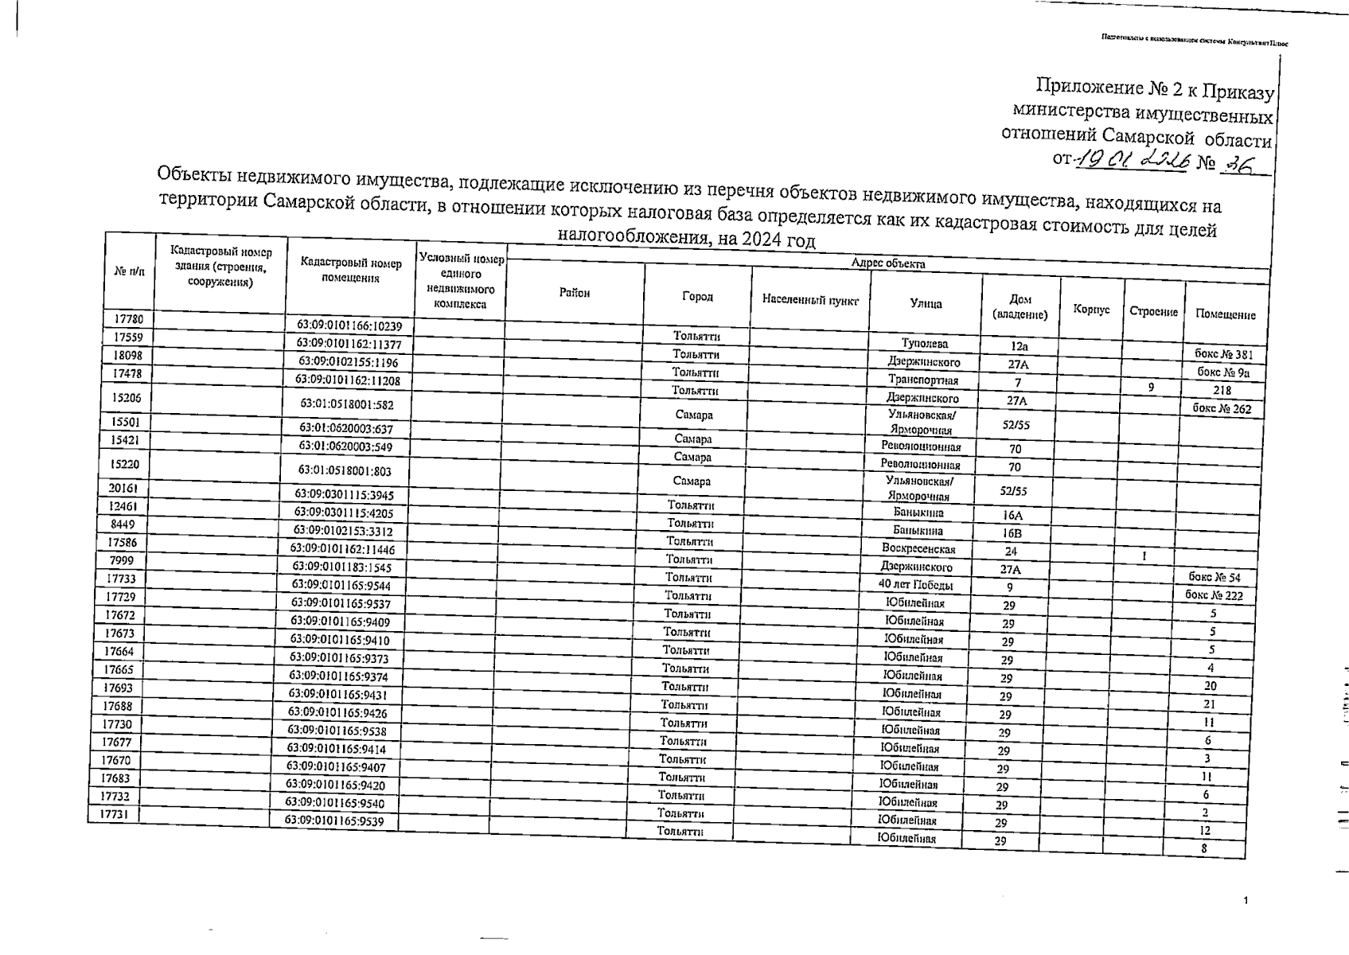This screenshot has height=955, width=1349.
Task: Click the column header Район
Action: coord(574,293)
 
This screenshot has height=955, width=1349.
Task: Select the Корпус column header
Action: coord(1091,309)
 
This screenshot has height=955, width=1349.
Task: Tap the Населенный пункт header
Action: coord(810,300)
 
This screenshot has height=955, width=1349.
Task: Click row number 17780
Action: coord(128,319)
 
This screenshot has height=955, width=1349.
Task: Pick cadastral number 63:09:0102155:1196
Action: coord(348,362)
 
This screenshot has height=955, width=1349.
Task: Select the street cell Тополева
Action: coord(924,344)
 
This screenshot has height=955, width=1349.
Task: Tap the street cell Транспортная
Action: coord(923,380)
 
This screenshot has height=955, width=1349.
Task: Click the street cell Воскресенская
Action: coord(918,548)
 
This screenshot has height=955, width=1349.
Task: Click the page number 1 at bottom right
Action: coord(1246,901)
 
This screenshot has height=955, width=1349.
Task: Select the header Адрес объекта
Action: coord(887,263)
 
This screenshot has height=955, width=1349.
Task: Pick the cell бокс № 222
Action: coord(1214,594)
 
